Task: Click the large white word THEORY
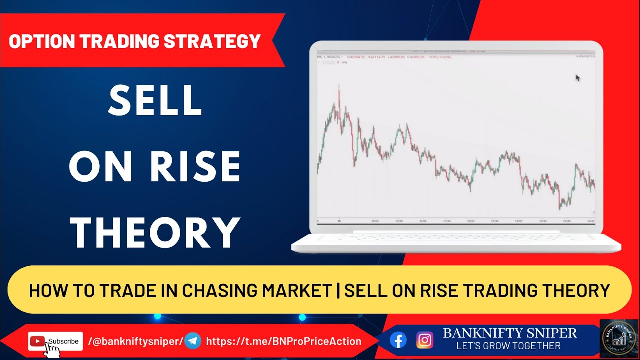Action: pyautogui.click(x=155, y=232)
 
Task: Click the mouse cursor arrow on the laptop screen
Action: pyautogui.click(x=578, y=78)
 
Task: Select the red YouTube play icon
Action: pyautogui.click(x=37, y=341)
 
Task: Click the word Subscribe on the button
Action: pyautogui.click(x=63, y=341)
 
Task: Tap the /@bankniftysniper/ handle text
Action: pyautogui.click(x=135, y=342)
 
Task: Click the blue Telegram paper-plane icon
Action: pyautogui.click(x=193, y=341)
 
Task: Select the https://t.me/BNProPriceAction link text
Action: pyautogui.click(x=283, y=342)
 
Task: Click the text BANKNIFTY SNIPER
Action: pyautogui.click(x=510, y=333)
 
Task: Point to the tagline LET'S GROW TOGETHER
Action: pyautogui.click(x=508, y=346)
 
